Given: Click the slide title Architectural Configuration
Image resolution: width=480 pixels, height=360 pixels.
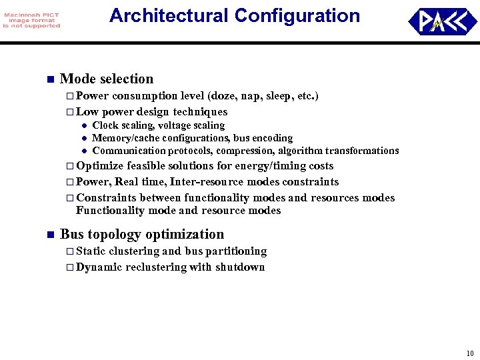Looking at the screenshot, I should click(x=234, y=15).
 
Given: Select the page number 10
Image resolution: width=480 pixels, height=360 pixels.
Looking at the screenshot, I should click(x=470, y=353).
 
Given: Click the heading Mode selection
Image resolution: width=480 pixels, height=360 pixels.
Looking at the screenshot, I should click(x=107, y=79).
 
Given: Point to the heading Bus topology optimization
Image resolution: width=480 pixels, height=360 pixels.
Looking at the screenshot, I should click(x=142, y=234).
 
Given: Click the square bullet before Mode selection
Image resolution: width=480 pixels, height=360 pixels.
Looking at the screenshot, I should click(x=49, y=79).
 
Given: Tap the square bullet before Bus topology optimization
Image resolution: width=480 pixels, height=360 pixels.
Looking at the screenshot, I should click(x=49, y=235).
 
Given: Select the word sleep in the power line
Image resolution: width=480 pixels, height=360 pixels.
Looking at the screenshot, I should click(x=280, y=96).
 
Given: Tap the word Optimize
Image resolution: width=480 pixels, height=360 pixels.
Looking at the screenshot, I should click(x=99, y=166).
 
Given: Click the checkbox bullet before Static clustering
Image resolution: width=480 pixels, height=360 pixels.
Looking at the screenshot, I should click(x=70, y=251).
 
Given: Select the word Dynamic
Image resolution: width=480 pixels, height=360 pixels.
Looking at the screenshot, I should click(x=100, y=267).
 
